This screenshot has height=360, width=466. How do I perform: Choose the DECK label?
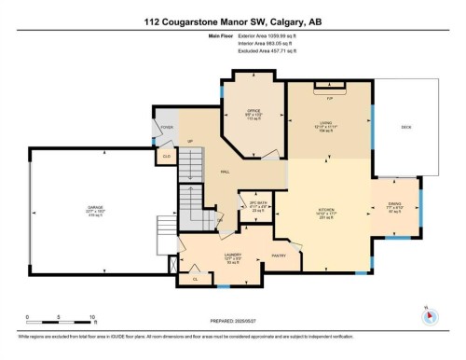click(x=405, y=127)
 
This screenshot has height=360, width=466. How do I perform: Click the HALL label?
click(x=225, y=173)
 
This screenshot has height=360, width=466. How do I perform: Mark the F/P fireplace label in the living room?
click(x=329, y=94)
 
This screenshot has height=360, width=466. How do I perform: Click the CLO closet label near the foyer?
click(x=166, y=157)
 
